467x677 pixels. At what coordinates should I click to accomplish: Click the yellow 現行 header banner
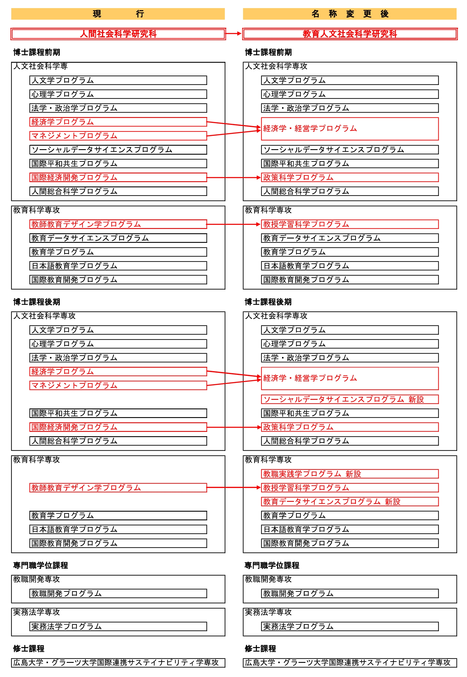pos(118,14)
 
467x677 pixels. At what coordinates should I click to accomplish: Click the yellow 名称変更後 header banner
pos(350,14)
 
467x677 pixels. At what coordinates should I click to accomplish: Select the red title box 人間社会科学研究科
pos(118,34)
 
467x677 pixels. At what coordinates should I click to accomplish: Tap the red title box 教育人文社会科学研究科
pos(350,34)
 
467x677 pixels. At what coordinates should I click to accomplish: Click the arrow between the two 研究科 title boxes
pos(233,34)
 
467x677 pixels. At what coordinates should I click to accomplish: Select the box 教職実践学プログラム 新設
pos(350,474)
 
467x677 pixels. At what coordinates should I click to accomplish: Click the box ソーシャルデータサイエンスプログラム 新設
pos(350,399)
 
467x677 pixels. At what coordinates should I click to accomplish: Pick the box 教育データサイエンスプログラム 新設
pos(350,502)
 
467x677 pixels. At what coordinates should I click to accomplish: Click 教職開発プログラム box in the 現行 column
pos(118,593)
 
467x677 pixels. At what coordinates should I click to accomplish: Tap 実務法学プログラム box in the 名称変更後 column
pos(350,626)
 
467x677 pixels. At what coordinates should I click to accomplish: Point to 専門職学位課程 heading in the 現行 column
pos(40,565)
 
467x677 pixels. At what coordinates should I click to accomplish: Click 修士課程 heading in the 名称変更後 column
pos(260,649)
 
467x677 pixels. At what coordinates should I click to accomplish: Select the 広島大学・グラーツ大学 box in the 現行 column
pos(118,663)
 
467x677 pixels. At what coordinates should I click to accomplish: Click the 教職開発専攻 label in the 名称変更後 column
pos(268,579)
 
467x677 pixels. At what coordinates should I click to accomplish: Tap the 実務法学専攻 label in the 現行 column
pos(36,612)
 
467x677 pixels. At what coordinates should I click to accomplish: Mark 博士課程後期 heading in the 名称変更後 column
pos(268,302)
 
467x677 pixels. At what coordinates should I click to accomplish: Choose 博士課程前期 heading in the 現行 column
pos(37,52)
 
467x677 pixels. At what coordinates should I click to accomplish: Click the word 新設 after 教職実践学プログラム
pos(353,474)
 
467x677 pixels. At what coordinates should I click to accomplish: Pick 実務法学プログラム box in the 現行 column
pos(118,626)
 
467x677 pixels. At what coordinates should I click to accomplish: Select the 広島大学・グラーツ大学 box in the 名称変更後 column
pos(350,663)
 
